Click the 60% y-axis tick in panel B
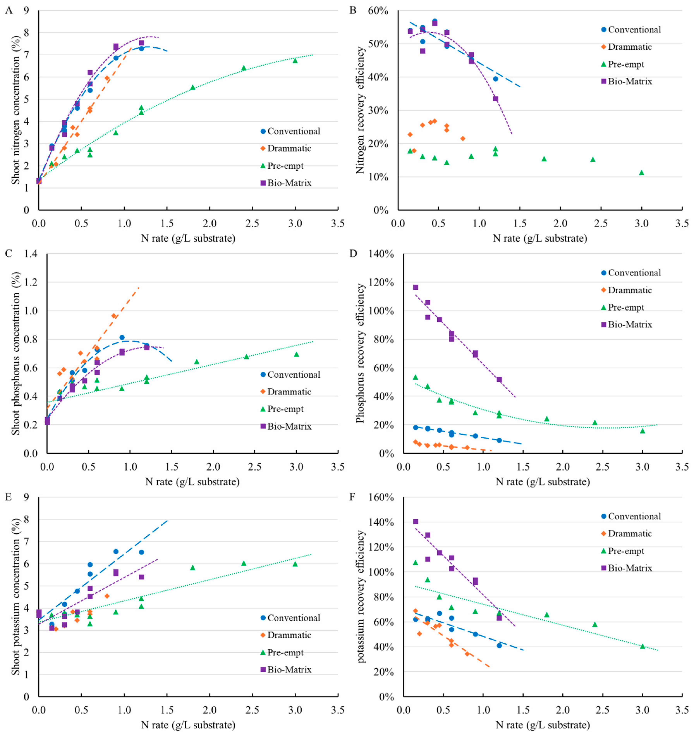378,11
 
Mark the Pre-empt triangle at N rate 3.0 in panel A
295,60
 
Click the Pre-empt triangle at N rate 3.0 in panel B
641,172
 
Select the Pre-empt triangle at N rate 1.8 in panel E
192,568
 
